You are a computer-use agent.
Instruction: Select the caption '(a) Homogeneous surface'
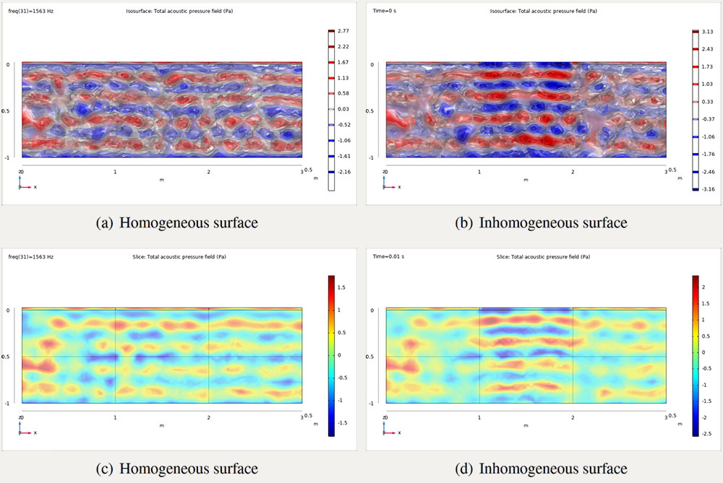(177, 223)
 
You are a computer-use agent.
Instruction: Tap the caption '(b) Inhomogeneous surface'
(542, 223)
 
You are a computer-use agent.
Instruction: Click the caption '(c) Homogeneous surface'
(177, 469)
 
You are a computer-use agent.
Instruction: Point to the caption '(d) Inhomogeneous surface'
(542, 469)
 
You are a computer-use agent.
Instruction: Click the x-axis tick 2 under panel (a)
(208, 173)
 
